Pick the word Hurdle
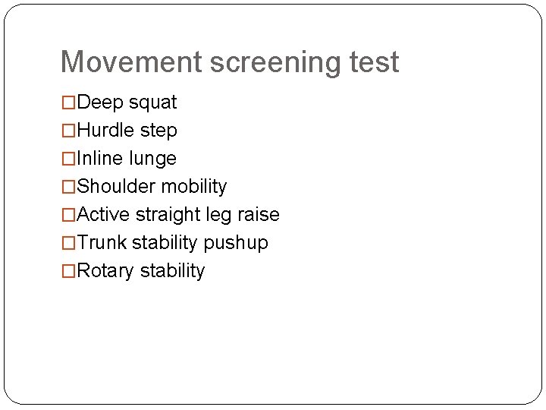106,131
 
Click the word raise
259,215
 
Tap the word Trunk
102,243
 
